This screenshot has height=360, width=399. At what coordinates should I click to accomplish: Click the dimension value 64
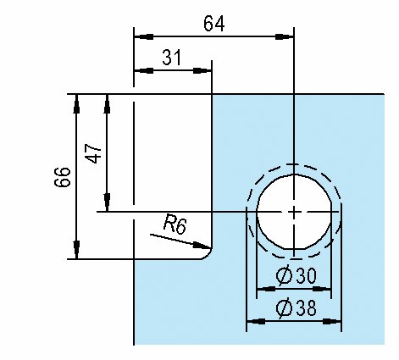click(214, 24)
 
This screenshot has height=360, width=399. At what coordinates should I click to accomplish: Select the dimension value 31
click(172, 58)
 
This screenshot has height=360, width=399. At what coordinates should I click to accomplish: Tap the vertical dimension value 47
click(94, 153)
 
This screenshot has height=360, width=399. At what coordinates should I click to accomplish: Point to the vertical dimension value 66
click(62, 177)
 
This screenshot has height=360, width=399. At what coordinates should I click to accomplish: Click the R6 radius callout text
click(175, 224)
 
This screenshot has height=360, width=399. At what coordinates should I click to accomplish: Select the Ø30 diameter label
click(296, 276)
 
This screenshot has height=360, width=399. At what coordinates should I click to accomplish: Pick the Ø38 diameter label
click(296, 308)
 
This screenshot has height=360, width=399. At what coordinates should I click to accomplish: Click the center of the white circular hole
click(294, 212)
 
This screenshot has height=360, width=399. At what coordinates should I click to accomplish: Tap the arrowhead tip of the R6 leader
click(211, 248)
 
